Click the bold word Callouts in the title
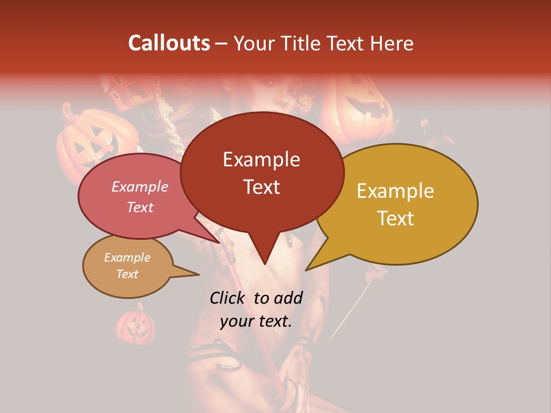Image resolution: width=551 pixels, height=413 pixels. pos(169,43)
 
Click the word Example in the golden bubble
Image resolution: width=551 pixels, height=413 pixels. pos(395,191)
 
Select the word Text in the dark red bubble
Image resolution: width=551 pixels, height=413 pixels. pos(262,187)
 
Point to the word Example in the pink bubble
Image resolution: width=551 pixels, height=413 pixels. pos(140,186)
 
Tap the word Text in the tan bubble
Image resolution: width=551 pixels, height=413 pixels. pos(127,274)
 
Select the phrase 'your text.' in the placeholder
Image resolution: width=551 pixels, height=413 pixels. pos(256,321)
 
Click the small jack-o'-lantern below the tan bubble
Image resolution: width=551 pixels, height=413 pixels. pos(136,325)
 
